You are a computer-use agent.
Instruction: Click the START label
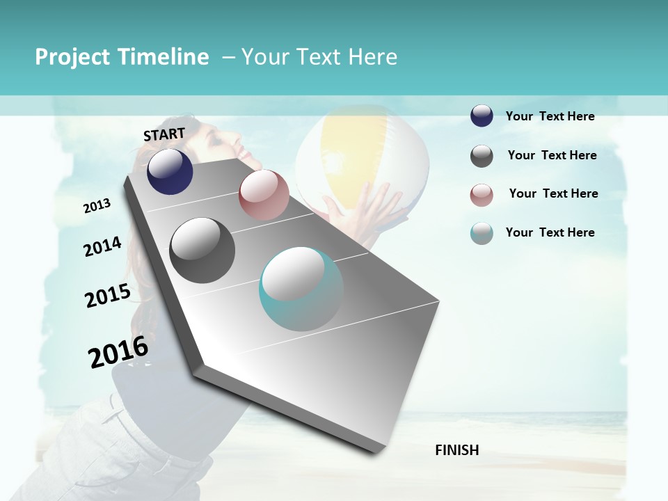pos(164,134)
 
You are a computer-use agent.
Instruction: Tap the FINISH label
pos(457,450)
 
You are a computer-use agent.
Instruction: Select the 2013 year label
pos(97,205)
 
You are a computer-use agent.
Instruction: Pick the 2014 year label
pos(103,246)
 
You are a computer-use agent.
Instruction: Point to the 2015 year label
pos(108,296)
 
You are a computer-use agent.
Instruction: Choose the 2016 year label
pos(119,351)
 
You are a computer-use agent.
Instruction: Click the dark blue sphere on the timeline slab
pos(170,171)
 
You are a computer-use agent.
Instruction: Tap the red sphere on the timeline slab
pos(264,195)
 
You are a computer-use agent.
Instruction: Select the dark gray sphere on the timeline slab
pos(202,250)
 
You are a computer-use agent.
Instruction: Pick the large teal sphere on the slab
pos(301,289)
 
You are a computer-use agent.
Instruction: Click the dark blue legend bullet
pos(482,116)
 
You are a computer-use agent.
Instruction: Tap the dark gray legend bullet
pos(482,156)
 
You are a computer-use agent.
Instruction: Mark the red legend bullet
pos(482,195)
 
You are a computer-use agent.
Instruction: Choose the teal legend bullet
pos(482,233)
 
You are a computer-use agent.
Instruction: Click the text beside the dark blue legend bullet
pos(550,116)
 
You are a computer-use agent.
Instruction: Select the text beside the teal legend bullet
pos(550,232)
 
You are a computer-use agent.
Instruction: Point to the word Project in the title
pos(72,57)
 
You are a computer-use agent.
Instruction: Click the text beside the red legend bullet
pos(553,193)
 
